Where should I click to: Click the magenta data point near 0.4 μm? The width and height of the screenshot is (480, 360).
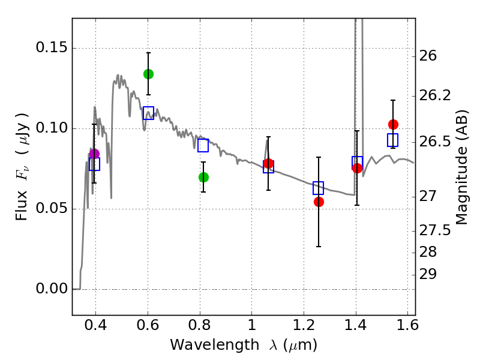coord(94,154)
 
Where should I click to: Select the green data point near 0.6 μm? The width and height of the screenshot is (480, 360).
coord(148,74)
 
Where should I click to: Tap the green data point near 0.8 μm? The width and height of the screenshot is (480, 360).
coord(203,177)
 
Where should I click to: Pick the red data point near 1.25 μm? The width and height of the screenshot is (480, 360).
coord(319,202)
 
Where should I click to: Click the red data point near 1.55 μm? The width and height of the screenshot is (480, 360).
coord(393,124)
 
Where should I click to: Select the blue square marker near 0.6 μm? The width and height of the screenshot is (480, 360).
coord(148,113)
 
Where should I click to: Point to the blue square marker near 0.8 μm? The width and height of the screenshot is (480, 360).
coord(203,145)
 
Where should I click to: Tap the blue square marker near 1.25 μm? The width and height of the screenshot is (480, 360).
coord(319,188)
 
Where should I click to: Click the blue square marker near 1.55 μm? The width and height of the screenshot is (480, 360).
coord(393,140)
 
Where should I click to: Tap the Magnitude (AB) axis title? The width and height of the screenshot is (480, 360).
coord(462,167)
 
